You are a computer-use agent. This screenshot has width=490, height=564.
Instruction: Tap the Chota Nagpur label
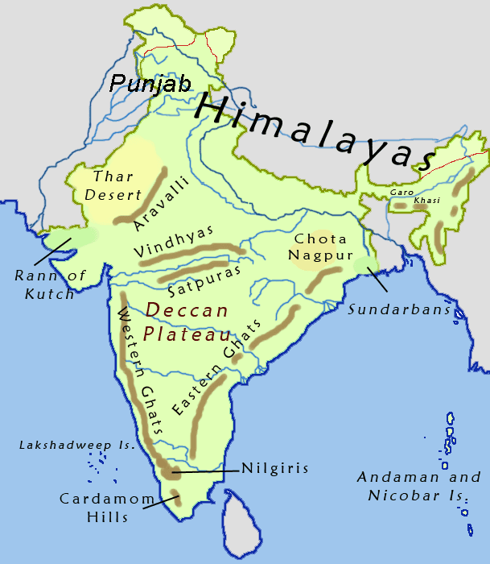[321, 247]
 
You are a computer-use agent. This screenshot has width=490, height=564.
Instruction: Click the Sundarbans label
[399, 309]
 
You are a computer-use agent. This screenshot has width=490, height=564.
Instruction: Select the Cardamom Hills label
[106, 508]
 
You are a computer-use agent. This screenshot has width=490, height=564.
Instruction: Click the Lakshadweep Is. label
[59, 445]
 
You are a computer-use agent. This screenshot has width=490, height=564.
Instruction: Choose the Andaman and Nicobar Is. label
[418, 487]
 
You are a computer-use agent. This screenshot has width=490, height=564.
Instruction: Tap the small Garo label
[400, 193]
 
